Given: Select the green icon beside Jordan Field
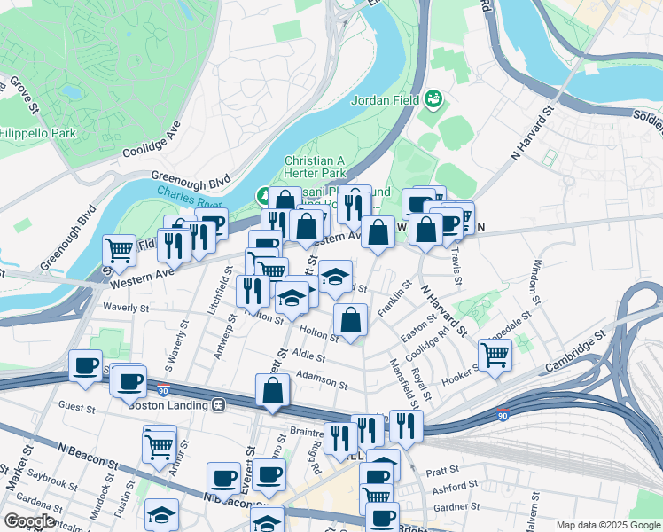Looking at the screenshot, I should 433,98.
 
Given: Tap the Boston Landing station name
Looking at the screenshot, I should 168,405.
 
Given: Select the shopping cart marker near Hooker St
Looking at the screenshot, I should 495,355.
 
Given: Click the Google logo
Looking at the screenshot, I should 30,520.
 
